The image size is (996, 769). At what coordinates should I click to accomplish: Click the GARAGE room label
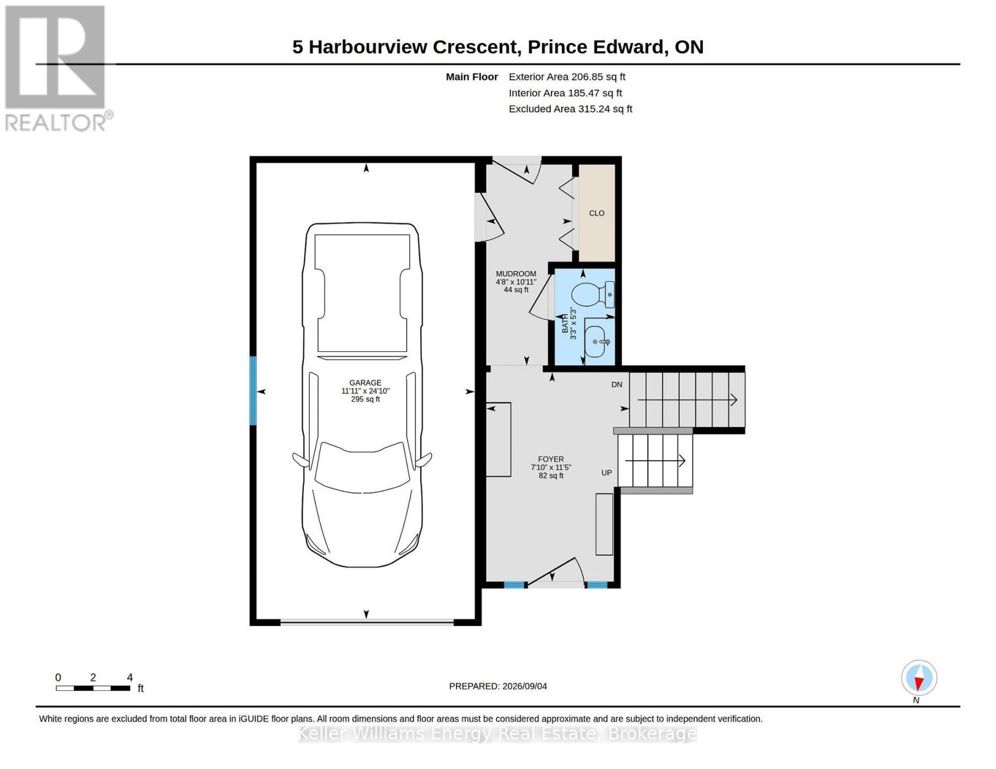pos(366,383)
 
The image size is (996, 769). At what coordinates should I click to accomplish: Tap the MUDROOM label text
pos(516,274)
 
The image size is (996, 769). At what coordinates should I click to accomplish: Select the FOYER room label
pos(551,459)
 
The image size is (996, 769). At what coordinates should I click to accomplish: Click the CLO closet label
pos(596,213)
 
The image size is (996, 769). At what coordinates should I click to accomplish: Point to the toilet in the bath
pos(593,295)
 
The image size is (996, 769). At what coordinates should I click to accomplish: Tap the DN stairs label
pos(616,384)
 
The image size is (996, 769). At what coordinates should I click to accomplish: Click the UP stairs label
pos(607,473)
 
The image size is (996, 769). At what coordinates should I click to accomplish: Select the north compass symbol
pos(918,678)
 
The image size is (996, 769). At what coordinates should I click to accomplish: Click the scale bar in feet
pos(93,688)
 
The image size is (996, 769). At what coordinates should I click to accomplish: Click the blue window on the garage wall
pos(253,391)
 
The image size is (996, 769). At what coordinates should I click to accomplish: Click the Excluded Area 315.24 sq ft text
pos(570,108)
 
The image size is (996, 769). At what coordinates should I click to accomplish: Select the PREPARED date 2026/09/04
pos(498,686)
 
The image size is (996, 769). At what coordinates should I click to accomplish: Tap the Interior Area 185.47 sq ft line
pos(565,93)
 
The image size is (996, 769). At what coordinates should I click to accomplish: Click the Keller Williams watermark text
pos(498,734)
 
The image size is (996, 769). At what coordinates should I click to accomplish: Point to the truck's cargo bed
pos(362,293)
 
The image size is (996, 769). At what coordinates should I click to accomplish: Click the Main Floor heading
pos(471,77)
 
